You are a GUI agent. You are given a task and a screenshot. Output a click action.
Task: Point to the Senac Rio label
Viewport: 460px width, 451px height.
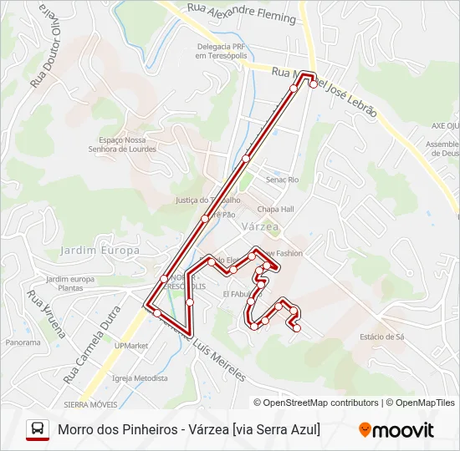(x=282, y=180)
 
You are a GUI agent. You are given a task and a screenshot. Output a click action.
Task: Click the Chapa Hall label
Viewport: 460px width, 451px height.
(x=275, y=209)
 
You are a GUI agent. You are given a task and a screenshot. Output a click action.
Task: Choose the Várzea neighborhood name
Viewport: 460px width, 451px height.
(x=260, y=226)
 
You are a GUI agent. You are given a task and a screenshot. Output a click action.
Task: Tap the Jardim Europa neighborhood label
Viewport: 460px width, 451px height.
(x=100, y=251)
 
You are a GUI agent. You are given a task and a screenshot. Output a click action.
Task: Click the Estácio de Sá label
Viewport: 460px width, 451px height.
(x=382, y=337)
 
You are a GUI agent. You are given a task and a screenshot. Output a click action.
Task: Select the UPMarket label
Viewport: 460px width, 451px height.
(x=131, y=345)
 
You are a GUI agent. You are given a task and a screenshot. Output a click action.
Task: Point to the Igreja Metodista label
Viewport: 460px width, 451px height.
(x=139, y=378)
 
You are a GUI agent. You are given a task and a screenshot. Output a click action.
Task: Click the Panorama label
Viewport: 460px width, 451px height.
(x=23, y=342)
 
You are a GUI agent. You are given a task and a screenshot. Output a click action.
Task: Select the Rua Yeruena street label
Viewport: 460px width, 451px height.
(x=46, y=312)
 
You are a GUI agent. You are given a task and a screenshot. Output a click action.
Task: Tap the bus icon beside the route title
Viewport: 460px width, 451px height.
(x=38, y=429)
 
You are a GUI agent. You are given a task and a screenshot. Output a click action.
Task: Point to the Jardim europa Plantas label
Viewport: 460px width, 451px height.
(x=71, y=283)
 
